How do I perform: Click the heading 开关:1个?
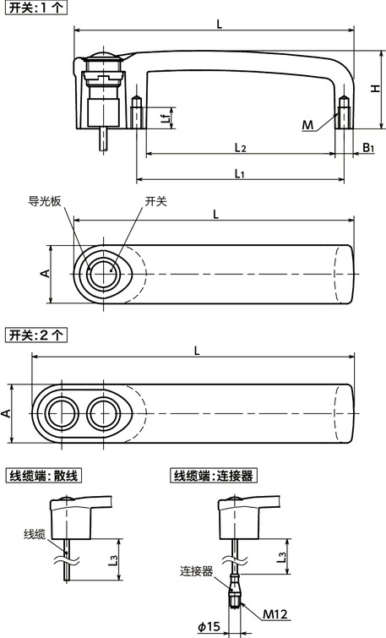35,8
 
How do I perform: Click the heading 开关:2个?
35,335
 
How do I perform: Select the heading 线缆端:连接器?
212,476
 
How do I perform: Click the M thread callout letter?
308,126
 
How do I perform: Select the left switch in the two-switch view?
62,414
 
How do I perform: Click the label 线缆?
35,534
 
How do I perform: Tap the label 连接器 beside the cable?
195,571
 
